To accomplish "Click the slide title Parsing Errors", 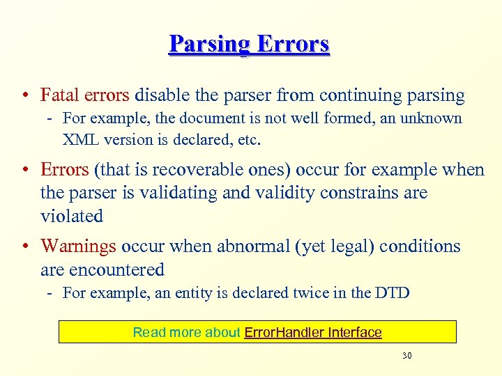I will [x=249, y=44].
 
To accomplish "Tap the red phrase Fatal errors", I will [x=85, y=95].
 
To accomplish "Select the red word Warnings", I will [x=79, y=246].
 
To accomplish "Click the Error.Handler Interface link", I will [x=313, y=332].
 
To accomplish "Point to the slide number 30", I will [x=407, y=356].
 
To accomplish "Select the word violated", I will [x=72, y=216].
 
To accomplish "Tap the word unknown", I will [x=434, y=118].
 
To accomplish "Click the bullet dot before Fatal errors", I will [x=25, y=95].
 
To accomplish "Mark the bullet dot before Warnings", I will [x=25, y=246].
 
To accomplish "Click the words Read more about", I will [x=186, y=332].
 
